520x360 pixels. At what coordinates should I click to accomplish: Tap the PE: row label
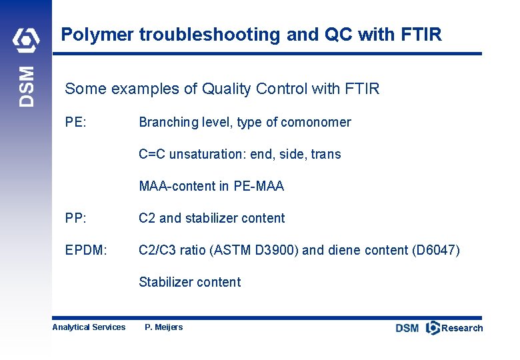75,122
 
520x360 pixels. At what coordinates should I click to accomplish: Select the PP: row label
75,218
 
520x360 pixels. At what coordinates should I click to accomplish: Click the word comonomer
316,122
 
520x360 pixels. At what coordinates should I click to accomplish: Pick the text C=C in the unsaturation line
152,154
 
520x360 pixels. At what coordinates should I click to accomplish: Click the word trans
325,154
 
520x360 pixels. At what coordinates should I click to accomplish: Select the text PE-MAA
259,186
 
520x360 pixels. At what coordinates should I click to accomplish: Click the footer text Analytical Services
89,327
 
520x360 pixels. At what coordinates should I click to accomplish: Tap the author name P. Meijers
163,327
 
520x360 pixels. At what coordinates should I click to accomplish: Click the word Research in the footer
462,328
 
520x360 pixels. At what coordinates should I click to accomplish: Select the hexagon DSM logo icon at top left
26,41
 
